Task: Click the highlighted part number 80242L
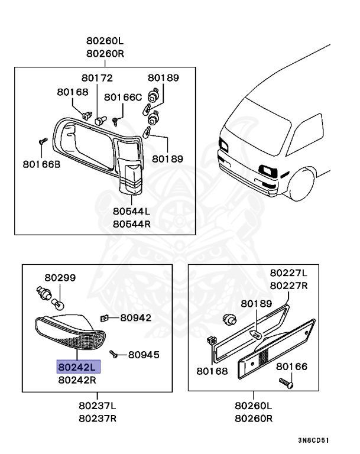79,367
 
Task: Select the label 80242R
79,381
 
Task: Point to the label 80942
136,317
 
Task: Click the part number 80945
144,355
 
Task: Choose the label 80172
97,77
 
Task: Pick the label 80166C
123,97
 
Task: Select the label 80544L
133,210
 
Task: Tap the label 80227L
289,273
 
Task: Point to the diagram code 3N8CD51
313,440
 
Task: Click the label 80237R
98,419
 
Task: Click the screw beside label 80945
115,355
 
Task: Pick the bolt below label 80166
286,383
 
